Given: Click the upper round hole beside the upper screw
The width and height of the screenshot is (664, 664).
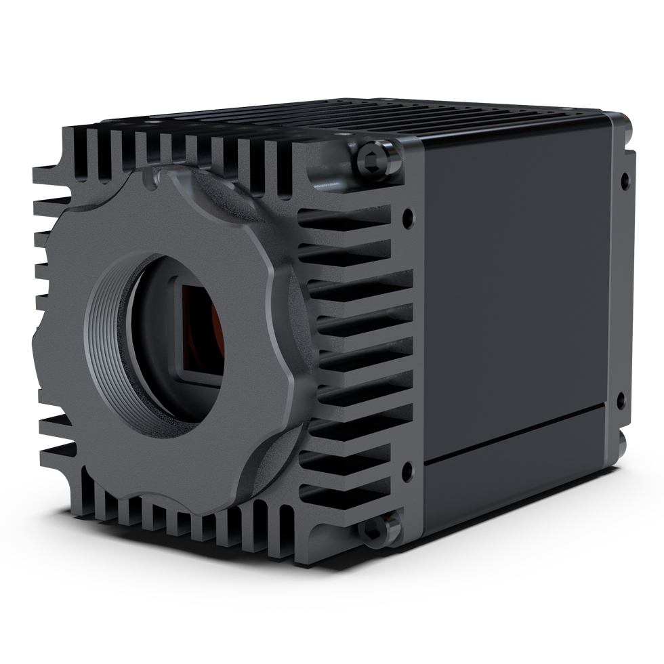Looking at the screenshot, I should tap(407, 218).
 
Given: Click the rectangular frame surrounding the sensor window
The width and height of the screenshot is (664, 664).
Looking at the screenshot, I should tap(182, 332).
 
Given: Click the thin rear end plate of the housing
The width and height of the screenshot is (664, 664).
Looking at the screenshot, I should tap(623, 285).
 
